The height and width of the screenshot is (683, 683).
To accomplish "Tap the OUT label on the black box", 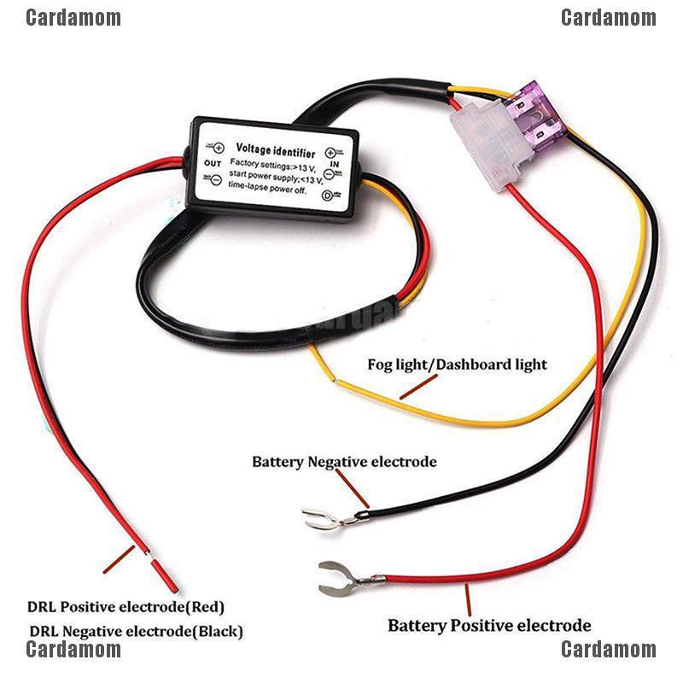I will pos(213,163).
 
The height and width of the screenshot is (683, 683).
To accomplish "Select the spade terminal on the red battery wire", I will pos(338,578).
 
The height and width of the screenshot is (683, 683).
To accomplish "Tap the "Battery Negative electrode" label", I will pos(344,462).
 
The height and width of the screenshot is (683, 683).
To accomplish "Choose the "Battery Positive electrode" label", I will pos(489,626).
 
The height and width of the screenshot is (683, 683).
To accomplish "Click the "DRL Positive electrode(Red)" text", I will pos(126,608).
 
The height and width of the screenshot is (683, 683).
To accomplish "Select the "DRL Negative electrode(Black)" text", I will pos(137,632).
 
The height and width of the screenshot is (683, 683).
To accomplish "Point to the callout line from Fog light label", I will pos(419,387).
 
